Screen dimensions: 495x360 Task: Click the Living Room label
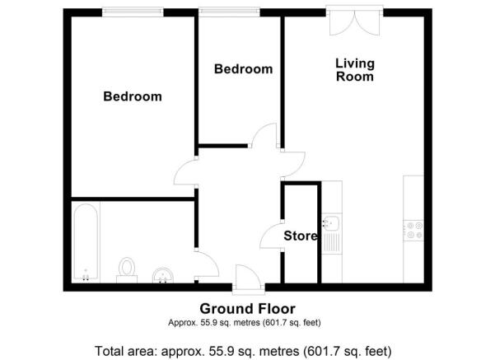[x=355, y=70]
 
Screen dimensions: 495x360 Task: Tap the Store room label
[x=301, y=236]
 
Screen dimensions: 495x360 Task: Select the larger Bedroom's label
[x=133, y=96]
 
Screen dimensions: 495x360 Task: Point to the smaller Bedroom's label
[x=244, y=69]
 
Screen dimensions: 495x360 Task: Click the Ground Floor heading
[x=247, y=309]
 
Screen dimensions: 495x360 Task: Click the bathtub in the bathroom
[x=86, y=242]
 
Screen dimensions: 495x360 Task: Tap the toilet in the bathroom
[x=127, y=270]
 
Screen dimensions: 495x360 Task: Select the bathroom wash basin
[x=163, y=276]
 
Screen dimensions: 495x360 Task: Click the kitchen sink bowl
[x=331, y=223]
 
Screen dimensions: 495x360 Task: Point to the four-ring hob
[x=413, y=230]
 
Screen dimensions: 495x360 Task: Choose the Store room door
[x=272, y=234]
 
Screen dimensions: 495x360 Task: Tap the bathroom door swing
[x=207, y=264]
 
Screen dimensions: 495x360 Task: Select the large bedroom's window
[x=133, y=12]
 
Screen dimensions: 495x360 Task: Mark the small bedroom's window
[x=230, y=12]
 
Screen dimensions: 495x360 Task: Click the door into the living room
[x=293, y=164]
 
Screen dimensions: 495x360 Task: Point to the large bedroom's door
[x=186, y=172]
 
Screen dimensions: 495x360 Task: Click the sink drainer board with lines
[x=332, y=242]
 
